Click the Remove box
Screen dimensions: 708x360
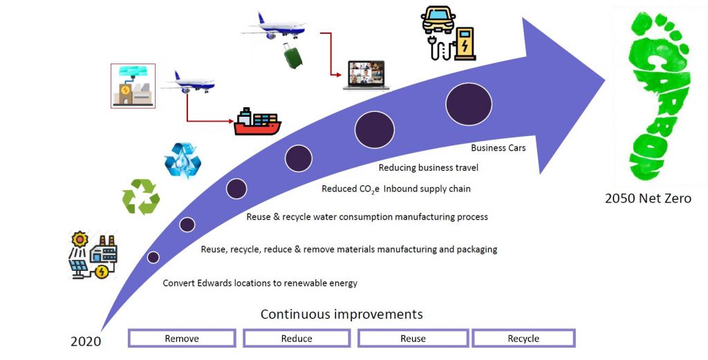[x=182, y=339]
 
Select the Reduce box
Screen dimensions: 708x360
[x=297, y=339]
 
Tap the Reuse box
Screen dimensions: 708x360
[x=413, y=339]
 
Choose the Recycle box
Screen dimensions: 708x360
[x=523, y=339]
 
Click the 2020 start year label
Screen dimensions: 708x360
[x=86, y=341]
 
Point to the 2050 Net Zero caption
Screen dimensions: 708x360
[x=648, y=198]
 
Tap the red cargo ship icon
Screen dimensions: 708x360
[x=257, y=122]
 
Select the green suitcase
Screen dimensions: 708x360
[x=293, y=55]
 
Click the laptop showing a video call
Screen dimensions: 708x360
[x=366, y=75]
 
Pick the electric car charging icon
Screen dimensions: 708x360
[x=448, y=33]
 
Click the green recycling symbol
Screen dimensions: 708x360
[x=141, y=197]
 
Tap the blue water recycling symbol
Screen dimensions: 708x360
[x=183, y=160]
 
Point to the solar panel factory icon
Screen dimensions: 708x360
[x=94, y=255]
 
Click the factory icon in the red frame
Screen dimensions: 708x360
[x=133, y=86]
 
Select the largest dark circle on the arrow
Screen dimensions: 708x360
[x=469, y=104]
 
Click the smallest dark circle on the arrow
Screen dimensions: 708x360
[x=153, y=257]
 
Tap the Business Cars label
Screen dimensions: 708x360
[x=498, y=147]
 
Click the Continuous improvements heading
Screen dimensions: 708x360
[x=342, y=314]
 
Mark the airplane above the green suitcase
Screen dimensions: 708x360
[x=274, y=26]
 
